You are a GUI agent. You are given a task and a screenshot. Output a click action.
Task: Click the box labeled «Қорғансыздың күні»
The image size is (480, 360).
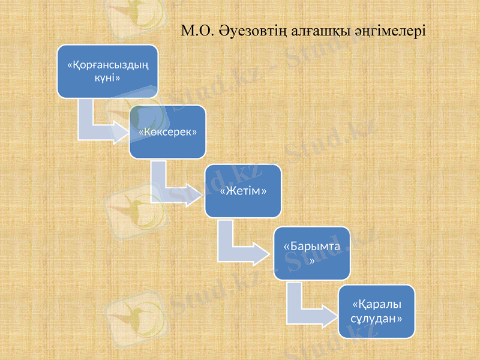(x=107, y=71)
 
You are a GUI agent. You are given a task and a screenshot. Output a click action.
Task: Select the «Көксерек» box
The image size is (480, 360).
(x=168, y=131)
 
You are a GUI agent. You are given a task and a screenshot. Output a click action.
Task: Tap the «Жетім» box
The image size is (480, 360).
(x=243, y=191)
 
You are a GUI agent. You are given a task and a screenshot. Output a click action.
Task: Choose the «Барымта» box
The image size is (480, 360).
(x=312, y=253)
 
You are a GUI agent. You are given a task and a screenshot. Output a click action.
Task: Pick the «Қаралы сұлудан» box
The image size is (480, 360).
(x=376, y=311)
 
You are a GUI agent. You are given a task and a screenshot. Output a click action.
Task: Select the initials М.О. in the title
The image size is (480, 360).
(x=196, y=30)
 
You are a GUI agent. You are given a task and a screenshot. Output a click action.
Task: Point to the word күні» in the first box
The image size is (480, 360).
(x=108, y=78)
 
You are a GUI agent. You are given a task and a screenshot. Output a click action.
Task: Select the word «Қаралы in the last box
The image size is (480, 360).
(x=376, y=304)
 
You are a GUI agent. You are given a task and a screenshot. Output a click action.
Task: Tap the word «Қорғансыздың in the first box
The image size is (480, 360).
(x=108, y=65)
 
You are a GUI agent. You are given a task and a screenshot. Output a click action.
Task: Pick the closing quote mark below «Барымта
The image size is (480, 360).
(x=312, y=260)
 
